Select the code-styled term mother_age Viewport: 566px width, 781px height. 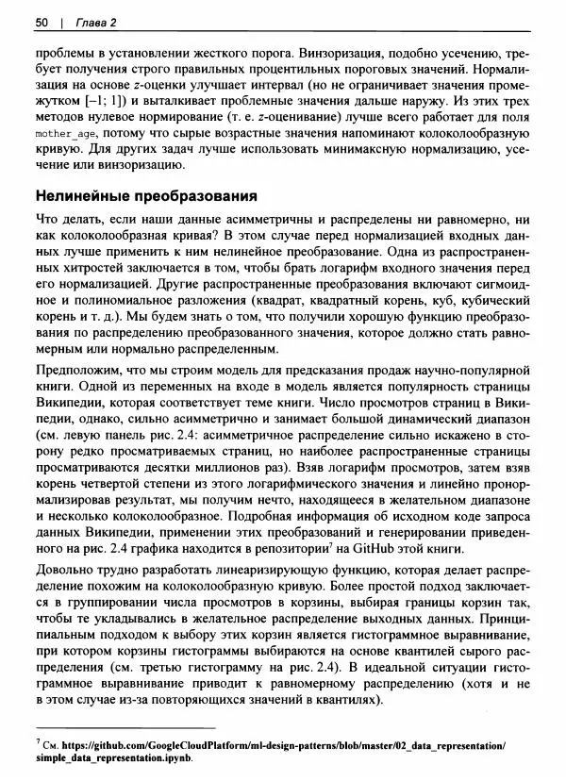(x=66, y=135)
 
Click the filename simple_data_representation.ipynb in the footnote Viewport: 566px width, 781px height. (x=112, y=757)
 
